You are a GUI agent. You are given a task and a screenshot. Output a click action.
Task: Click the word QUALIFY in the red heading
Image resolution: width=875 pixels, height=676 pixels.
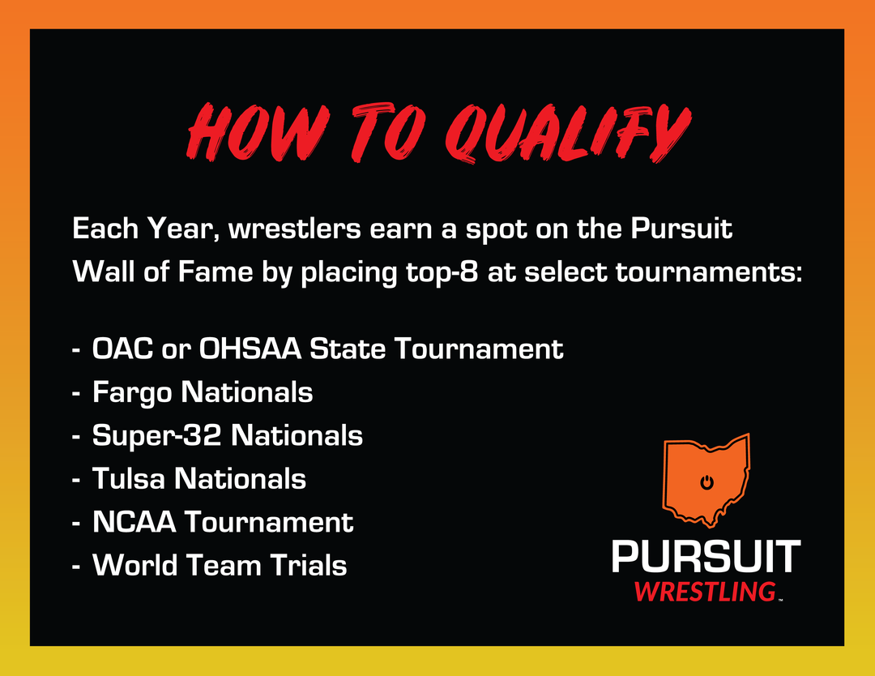568,133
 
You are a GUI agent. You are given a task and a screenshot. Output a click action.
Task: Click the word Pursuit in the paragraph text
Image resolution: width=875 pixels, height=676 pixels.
681,229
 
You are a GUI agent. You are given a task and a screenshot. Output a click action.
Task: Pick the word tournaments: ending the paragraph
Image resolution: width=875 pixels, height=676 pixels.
709,272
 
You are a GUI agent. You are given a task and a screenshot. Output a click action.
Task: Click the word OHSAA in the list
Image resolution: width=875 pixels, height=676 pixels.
250,349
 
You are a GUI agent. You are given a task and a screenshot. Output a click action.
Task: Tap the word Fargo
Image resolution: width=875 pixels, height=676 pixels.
132,392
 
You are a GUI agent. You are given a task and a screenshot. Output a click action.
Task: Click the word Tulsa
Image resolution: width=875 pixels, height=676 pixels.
128,479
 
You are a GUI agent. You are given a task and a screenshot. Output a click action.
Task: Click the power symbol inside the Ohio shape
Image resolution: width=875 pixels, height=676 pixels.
706,481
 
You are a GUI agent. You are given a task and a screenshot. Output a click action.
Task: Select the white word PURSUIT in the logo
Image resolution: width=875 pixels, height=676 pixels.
706,556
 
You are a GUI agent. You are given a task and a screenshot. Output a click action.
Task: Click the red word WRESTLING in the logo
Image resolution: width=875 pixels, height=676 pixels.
706,592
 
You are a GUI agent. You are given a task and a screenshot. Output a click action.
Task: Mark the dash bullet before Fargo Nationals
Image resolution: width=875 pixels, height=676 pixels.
76,394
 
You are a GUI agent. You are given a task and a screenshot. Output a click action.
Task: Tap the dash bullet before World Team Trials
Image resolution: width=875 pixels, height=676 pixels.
76,566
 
